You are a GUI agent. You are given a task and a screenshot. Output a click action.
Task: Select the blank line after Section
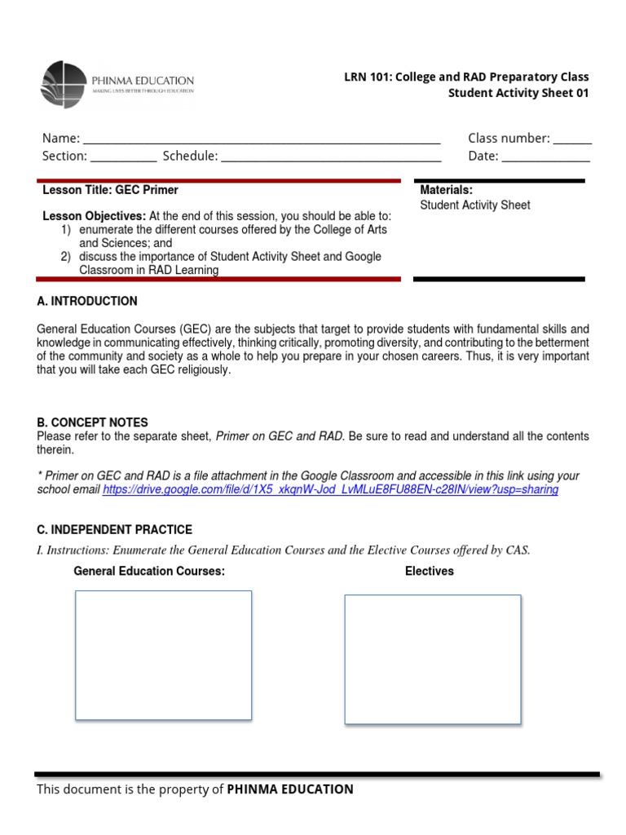123,157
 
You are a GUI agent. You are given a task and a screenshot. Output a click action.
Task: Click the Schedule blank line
331,157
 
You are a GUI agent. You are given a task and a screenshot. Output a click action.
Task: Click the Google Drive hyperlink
330,490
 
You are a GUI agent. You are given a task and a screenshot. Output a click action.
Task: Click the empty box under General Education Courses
163,656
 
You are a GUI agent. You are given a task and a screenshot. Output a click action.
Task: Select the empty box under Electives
432,659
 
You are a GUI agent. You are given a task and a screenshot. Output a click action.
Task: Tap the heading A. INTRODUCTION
87,302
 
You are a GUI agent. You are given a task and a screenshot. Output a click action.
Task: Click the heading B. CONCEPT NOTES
92,422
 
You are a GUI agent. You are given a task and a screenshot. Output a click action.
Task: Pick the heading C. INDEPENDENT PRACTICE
114,530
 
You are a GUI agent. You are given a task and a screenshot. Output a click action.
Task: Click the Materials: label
446,190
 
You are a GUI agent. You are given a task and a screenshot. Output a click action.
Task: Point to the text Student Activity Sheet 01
518,93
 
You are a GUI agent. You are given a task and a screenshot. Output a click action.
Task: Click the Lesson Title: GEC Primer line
110,190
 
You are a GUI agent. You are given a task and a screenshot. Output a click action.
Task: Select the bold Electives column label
429,572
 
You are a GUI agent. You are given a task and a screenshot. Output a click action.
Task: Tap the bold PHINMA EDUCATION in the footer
290,789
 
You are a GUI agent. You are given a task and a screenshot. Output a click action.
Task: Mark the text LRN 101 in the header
364,77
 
